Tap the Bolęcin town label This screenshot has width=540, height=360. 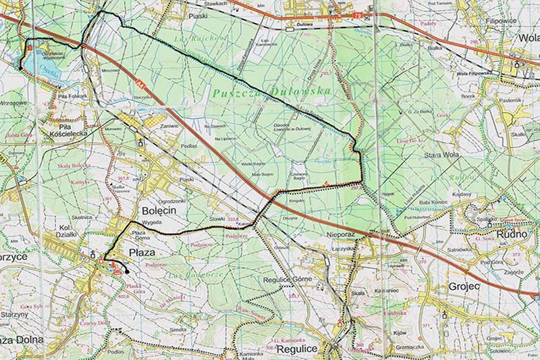tap(159, 211)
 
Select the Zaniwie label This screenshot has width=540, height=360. tap(169, 125)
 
